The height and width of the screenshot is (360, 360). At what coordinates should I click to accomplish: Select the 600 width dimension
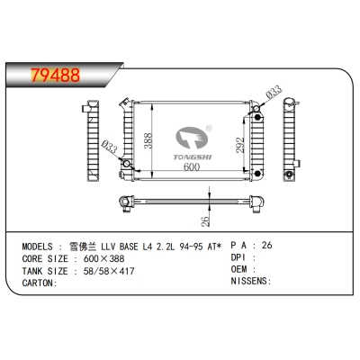[x=192, y=166]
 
